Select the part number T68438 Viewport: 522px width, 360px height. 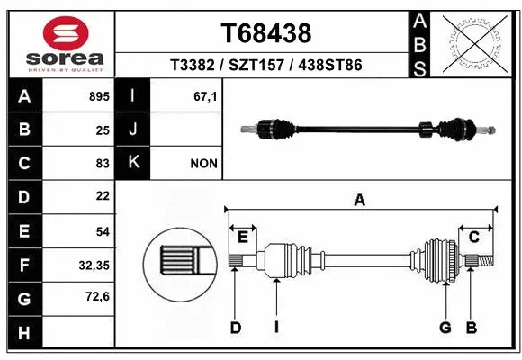[265, 33]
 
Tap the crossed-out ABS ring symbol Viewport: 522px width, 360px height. [474, 42]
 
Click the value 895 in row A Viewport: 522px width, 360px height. [98, 95]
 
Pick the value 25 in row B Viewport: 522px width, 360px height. [102, 130]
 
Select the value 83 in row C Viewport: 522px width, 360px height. [102, 163]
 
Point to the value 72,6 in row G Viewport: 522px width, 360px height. [97, 296]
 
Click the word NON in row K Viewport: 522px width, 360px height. [202, 163]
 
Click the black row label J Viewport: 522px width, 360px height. [133, 130]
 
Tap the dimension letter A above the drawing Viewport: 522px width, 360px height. [360, 201]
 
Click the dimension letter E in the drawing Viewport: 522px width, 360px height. [243, 236]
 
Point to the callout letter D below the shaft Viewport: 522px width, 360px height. [236, 328]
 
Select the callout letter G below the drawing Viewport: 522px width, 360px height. [445, 328]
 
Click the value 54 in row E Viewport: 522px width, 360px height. [102, 231]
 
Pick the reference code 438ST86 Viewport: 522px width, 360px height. [329, 67]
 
